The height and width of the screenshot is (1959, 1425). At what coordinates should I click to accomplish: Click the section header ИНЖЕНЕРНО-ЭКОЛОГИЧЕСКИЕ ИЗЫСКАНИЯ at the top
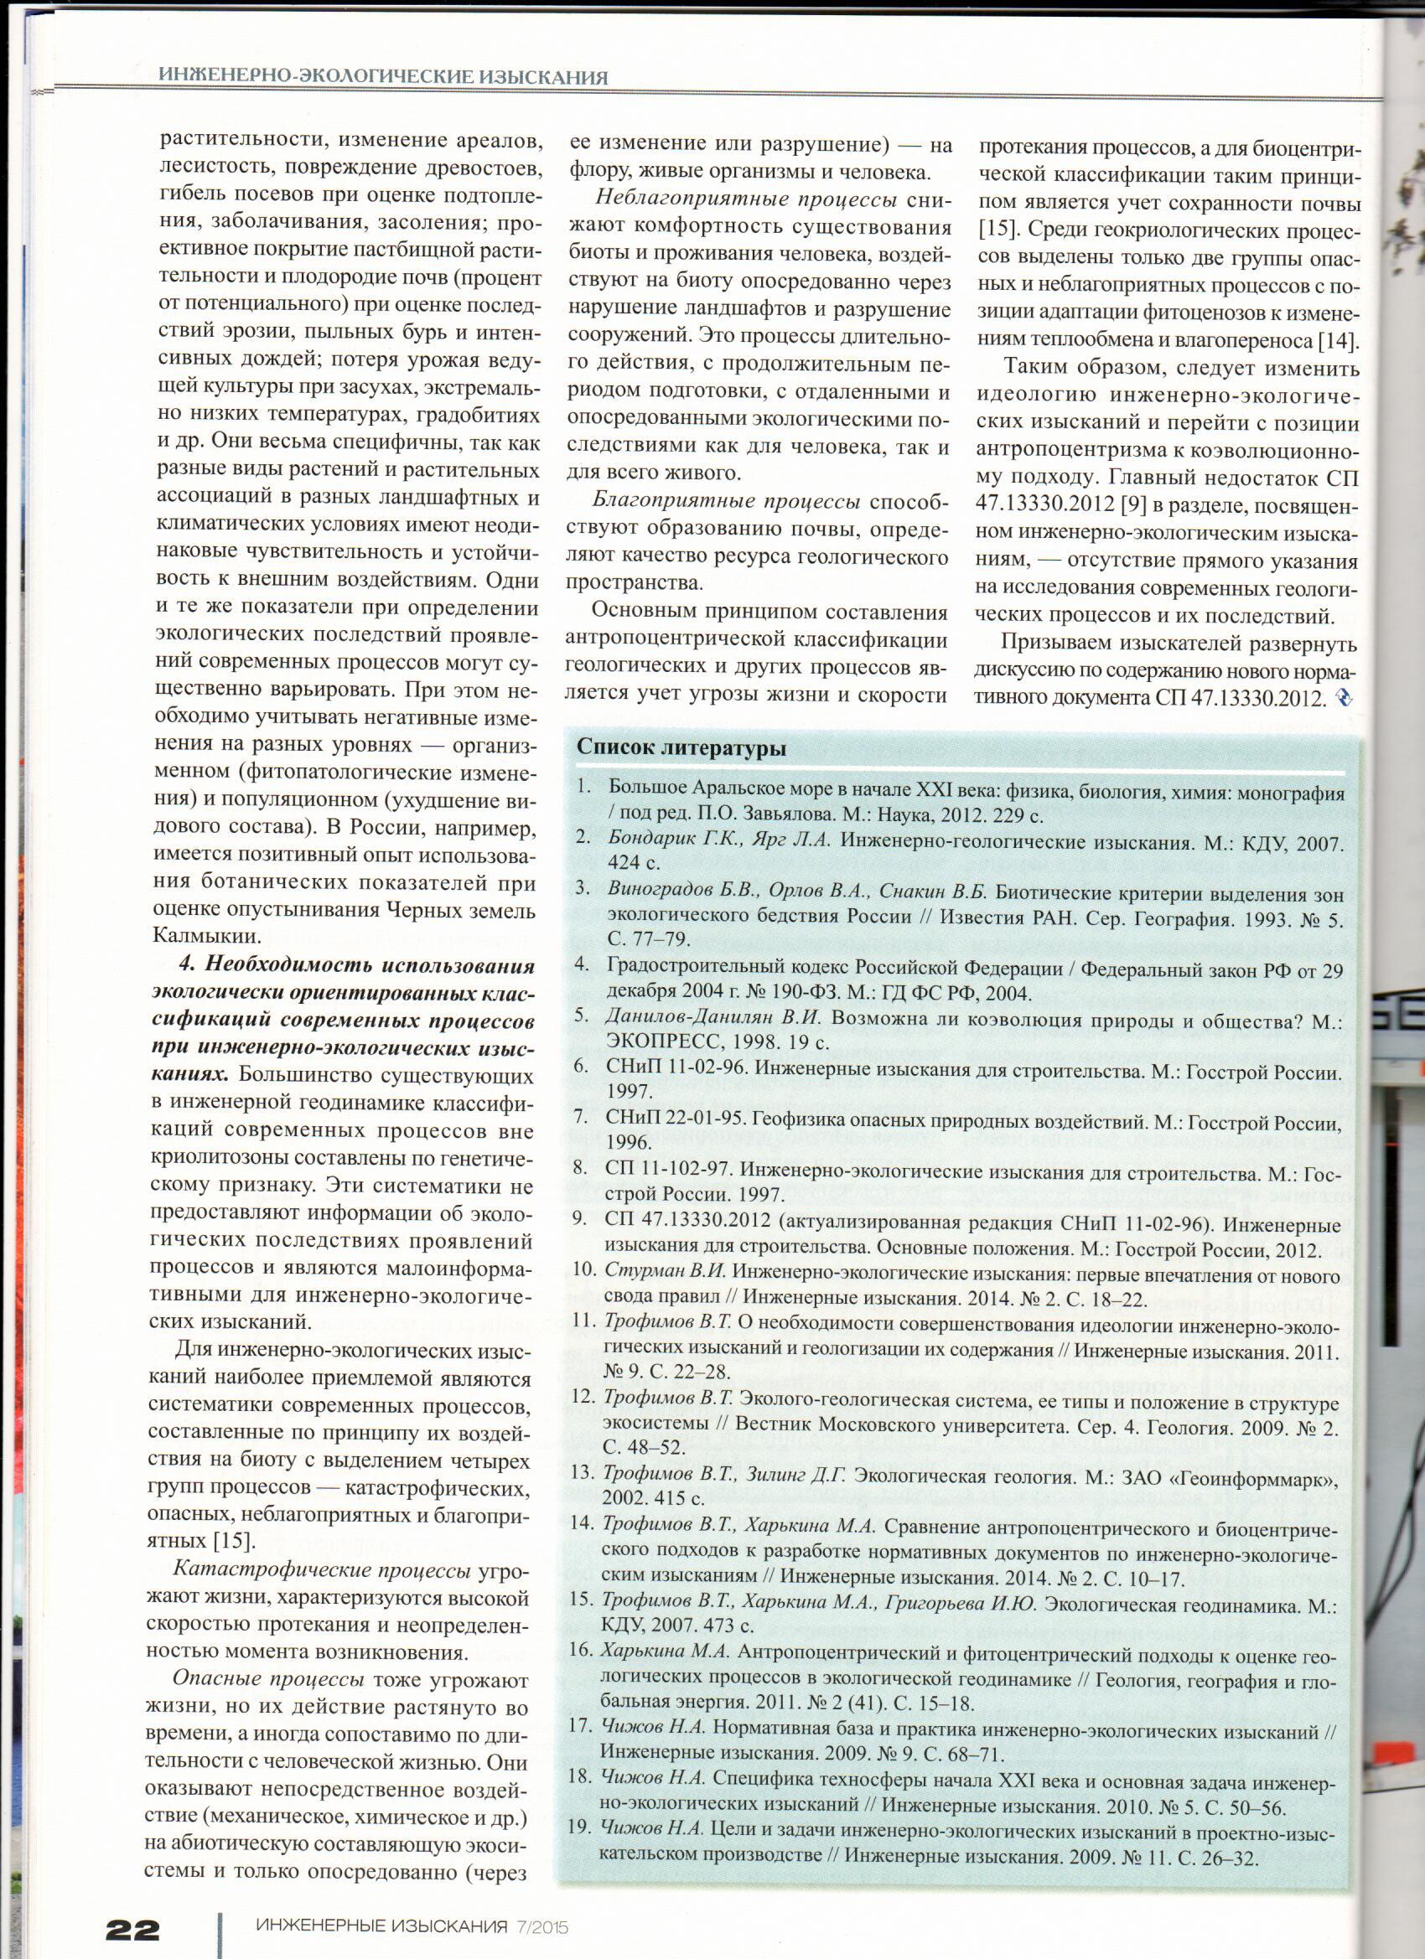point(383,77)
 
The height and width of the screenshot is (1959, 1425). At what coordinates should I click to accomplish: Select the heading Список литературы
point(681,748)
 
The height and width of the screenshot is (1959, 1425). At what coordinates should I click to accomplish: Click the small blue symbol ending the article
point(1344,697)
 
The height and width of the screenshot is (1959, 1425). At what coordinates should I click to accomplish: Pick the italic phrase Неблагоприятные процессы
point(746,199)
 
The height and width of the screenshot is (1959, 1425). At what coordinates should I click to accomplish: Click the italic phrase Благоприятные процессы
point(726,502)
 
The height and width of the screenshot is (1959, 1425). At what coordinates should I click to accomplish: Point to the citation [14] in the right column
point(1337,340)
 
